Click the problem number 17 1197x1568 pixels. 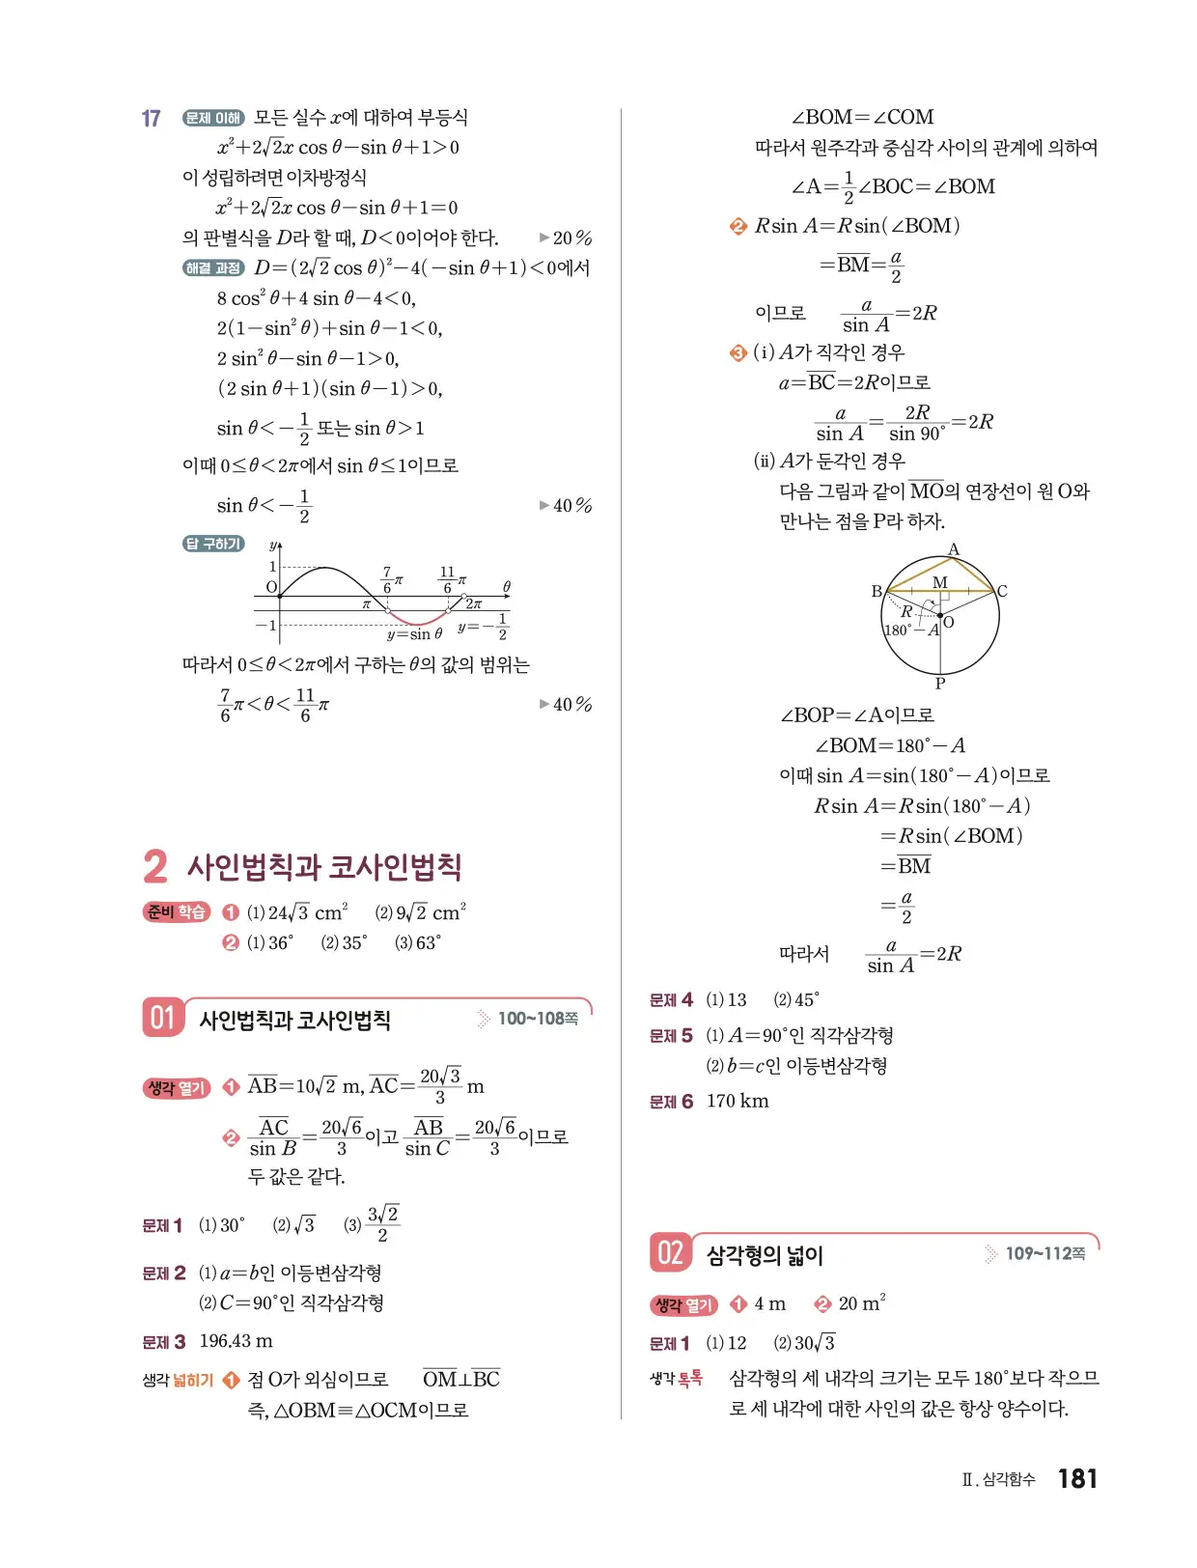[x=151, y=118]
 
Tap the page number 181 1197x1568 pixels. [x=1077, y=1478]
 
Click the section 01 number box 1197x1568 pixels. [x=162, y=1018]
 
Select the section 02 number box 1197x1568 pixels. [x=670, y=1252]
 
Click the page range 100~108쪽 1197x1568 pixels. [x=537, y=1019]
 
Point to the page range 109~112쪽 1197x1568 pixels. [x=1044, y=1253]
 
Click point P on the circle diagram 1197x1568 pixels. [x=939, y=683]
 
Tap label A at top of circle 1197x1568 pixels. [x=954, y=549]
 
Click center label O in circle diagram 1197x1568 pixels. [x=949, y=622]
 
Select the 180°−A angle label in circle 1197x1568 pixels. [x=911, y=630]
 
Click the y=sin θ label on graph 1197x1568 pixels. [x=414, y=634]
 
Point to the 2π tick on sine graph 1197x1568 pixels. [x=473, y=603]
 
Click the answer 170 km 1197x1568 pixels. [x=738, y=1101]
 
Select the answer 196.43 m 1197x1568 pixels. [x=236, y=1341]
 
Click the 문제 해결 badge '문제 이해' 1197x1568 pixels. [x=213, y=118]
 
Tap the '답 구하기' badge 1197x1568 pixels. [x=213, y=544]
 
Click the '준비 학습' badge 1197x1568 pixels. [x=176, y=911]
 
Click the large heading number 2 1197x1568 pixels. [x=155, y=866]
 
